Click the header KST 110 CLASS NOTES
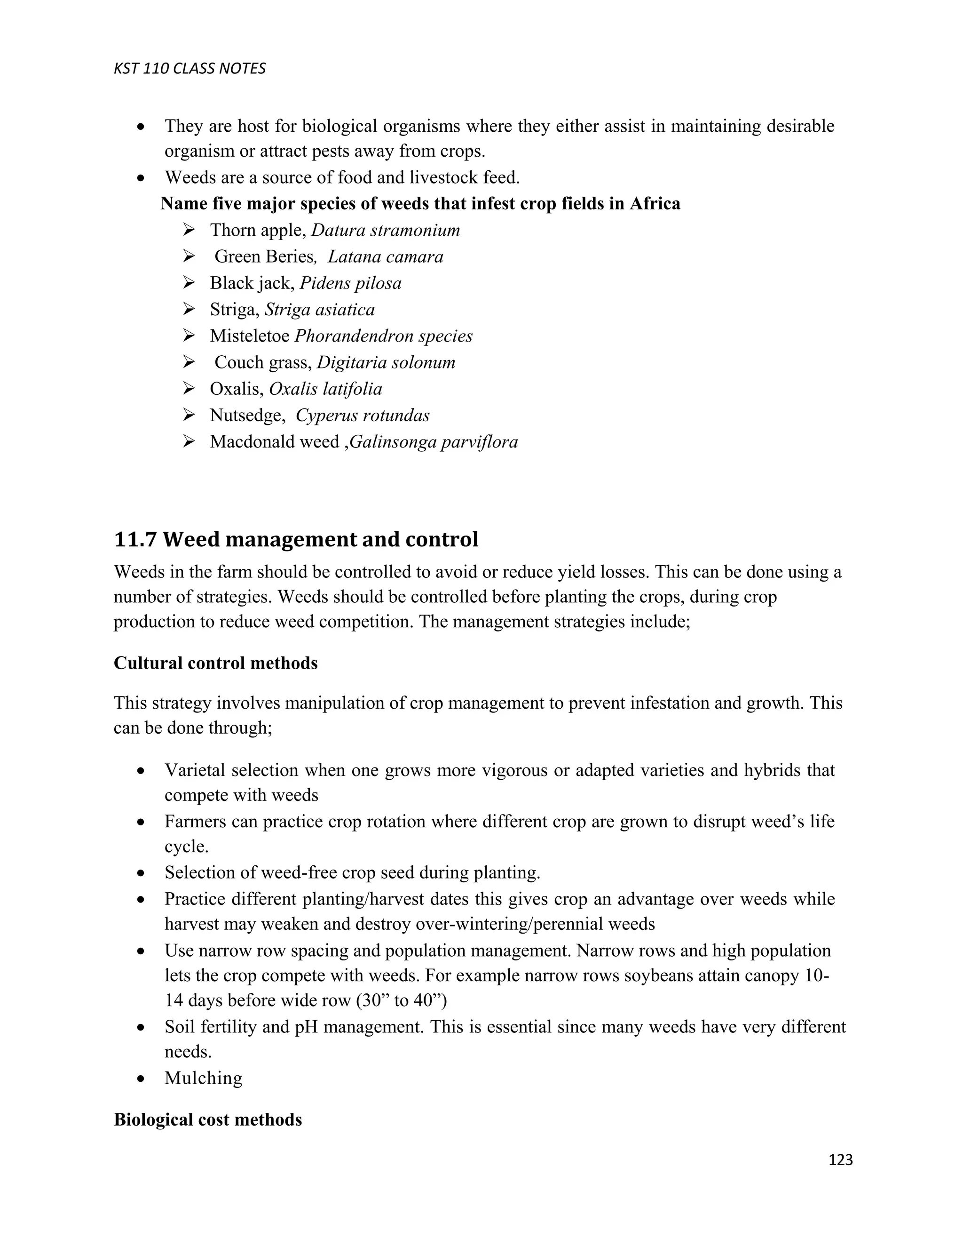point(189,69)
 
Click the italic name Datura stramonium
point(386,230)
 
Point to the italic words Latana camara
point(386,257)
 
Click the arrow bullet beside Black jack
point(189,283)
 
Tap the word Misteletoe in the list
point(249,336)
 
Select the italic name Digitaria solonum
point(386,362)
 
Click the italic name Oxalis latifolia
point(325,389)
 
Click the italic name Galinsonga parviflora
point(434,442)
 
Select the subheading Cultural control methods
point(216,663)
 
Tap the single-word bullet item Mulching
point(203,1078)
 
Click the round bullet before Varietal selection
point(141,771)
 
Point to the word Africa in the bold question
point(655,204)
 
